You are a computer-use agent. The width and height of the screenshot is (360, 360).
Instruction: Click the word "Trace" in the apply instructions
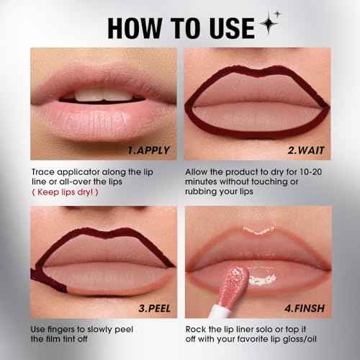pyautogui.click(x=45, y=173)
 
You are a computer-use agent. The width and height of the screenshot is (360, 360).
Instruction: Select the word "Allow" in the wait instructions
pyautogui.click(x=198, y=173)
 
